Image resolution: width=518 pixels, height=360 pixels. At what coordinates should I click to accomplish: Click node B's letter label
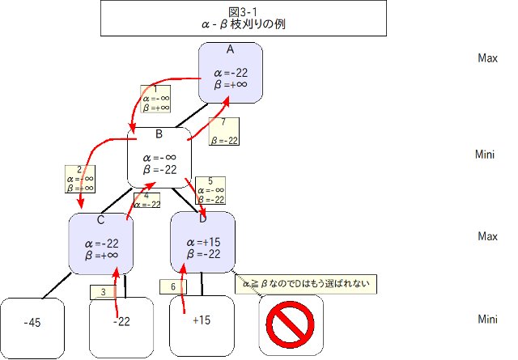point(159,134)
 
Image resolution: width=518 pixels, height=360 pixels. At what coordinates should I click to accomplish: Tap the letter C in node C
point(100,219)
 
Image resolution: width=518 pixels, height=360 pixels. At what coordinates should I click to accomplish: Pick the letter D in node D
point(202,219)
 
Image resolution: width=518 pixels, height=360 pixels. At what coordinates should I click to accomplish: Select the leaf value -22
point(121,321)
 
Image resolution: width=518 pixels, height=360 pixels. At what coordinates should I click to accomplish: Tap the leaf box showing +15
point(202,320)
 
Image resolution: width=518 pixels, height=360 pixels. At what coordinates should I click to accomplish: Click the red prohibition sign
point(291,325)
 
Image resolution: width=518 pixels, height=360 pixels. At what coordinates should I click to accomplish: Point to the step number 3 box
point(104,291)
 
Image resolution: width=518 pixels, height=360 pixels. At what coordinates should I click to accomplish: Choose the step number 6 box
point(172,286)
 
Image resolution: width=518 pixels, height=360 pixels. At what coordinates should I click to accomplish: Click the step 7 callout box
point(223,131)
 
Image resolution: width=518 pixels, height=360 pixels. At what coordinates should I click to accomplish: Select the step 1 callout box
point(155,99)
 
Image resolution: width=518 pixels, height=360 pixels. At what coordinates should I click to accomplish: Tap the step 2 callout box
point(79,178)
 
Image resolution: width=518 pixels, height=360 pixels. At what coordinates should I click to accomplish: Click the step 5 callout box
point(210,190)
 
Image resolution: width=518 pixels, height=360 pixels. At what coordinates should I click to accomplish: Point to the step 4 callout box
point(146,201)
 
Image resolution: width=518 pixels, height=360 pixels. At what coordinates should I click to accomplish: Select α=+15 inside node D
point(202,242)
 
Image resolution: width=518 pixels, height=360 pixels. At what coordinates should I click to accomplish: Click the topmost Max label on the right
point(487,58)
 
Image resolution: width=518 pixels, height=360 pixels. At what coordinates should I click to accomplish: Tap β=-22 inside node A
point(230,84)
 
